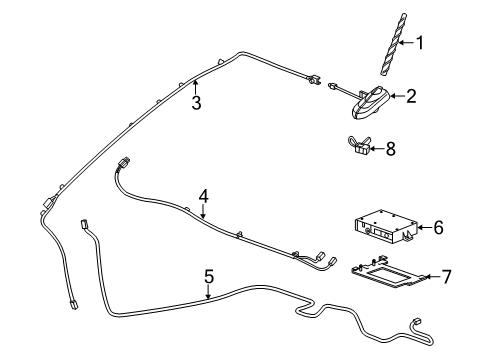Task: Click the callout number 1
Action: tap(420, 43)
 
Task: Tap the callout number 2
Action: tap(411, 96)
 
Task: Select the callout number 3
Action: tap(196, 103)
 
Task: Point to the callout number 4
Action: tap(204, 196)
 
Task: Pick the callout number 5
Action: tap(209, 277)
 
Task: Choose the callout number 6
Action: tap(438, 227)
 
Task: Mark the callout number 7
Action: tap(446, 277)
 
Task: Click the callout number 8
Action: tap(390, 149)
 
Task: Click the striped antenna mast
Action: tap(393, 44)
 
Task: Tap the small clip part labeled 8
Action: tap(359, 146)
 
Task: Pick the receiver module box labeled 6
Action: tap(386, 228)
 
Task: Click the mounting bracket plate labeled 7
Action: tap(388, 272)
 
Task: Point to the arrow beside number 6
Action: tap(425, 227)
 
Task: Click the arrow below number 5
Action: tap(208, 292)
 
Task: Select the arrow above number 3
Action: tap(196, 87)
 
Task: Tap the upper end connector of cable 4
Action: tap(124, 163)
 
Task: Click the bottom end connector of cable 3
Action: tap(72, 305)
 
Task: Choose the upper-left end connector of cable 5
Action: tap(84, 223)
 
